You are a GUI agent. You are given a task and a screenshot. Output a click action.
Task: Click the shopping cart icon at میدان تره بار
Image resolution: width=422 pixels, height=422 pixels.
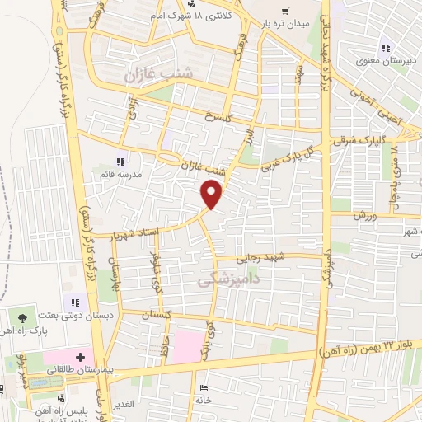284,12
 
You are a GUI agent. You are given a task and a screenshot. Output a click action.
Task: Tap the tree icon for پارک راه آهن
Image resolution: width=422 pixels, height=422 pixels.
22,316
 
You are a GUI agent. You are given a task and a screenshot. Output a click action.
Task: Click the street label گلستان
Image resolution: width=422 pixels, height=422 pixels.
156,316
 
